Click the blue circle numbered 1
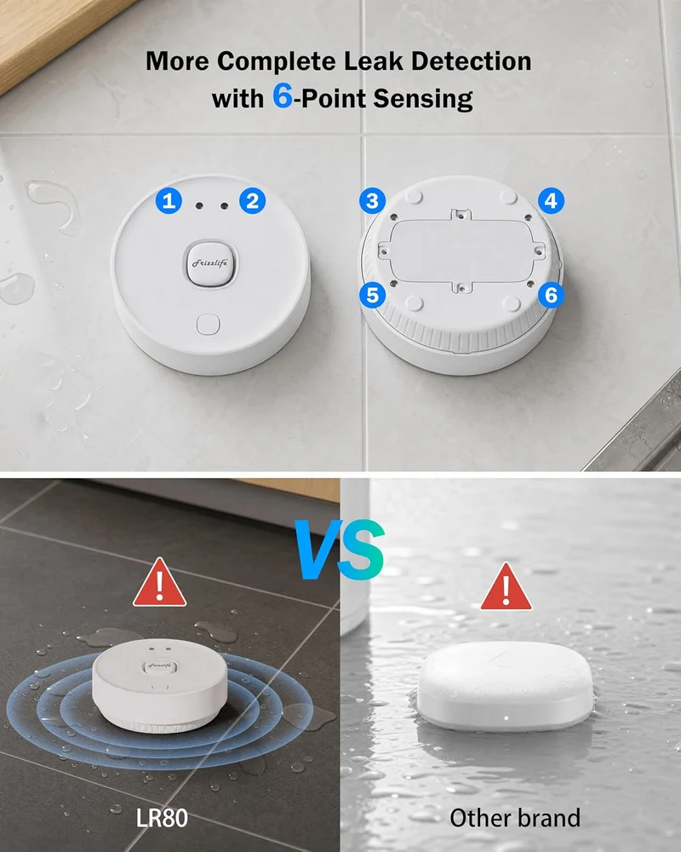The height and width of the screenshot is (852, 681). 169,200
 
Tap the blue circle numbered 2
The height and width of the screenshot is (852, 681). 253,200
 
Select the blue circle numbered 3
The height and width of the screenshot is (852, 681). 373,200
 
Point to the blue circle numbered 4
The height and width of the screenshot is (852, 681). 552,200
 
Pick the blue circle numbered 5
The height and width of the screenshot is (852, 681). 373,295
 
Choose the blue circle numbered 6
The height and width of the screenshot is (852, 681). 552,295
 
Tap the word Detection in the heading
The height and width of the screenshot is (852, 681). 471,60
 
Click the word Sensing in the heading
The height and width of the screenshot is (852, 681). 423,100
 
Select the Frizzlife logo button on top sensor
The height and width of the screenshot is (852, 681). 211,263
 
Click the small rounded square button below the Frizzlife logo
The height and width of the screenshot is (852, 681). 208,325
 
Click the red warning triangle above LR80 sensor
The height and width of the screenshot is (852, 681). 160,583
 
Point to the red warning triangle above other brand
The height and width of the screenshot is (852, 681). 506,588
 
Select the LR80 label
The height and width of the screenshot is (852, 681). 162,818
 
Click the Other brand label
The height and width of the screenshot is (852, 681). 515,818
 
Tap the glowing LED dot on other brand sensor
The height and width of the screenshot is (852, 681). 506,718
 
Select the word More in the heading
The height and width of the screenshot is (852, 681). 177,60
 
